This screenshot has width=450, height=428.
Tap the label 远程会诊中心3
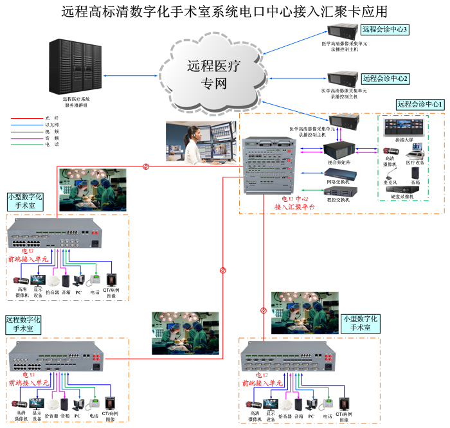click(385, 30)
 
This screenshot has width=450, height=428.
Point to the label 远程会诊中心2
click(385, 78)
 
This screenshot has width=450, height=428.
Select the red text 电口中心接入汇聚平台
click(295, 203)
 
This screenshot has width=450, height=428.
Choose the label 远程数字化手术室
click(24, 323)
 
